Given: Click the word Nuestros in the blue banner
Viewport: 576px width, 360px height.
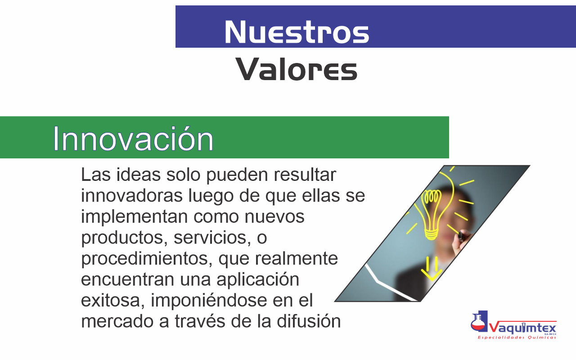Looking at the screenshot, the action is click(x=297, y=32).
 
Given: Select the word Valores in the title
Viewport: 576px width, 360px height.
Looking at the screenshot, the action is click(x=297, y=69).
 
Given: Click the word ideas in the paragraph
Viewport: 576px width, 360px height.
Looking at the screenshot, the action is click(x=138, y=175).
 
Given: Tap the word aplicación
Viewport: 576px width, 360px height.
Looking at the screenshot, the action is click(x=258, y=280).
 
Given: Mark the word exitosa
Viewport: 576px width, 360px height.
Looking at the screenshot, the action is click(x=112, y=300).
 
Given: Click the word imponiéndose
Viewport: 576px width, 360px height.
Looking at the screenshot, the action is click(x=209, y=301).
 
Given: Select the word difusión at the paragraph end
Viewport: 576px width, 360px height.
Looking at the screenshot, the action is click(x=309, y=321).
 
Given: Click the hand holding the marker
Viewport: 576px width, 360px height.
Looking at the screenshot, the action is click(x=462, y=241).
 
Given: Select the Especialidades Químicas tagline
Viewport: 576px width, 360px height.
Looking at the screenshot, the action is click(x=517, y=337).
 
